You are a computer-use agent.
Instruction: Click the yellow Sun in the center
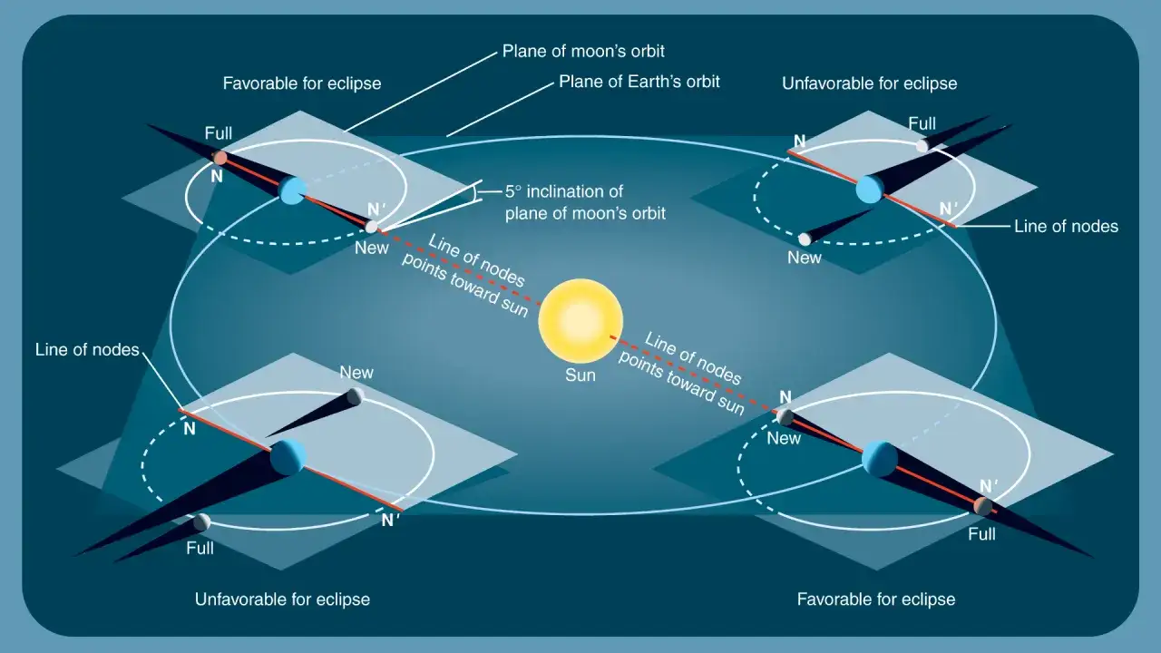(x=580, y=321)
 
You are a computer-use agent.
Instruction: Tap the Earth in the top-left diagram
(x=293, y=190)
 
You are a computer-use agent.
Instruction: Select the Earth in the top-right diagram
(x=869, y=190)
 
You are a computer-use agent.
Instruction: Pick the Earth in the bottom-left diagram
(x=288, y=458)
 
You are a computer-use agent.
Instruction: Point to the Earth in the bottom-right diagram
(x=880, y=459)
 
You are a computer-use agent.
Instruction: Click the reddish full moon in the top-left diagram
(x=220, y=158)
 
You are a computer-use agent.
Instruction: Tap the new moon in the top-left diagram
(x=371, y=227)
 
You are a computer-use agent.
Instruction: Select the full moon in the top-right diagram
(x=922, y=146)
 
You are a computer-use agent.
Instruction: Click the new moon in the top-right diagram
(x=805, y=239)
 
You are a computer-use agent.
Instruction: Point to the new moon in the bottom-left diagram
(x=355, y=396)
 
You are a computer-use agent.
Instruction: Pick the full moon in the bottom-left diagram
(x=202, y=522)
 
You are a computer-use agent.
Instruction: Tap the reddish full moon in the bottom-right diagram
(x=982, y=506)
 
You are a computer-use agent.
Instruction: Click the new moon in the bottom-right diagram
(x=785, y=417)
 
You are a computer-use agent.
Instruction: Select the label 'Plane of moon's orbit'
(x=583, y=52)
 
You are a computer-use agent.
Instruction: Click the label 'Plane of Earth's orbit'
(x=639, y=82)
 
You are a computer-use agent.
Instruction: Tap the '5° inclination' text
(x=564, y=191)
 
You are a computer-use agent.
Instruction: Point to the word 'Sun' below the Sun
(x=580, y=375)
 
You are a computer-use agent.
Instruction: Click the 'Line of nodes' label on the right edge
(x=1066, y=227)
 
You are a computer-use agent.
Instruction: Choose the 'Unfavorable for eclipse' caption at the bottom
(x=282, y=599)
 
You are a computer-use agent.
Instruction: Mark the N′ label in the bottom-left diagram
(x=391, y=520)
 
